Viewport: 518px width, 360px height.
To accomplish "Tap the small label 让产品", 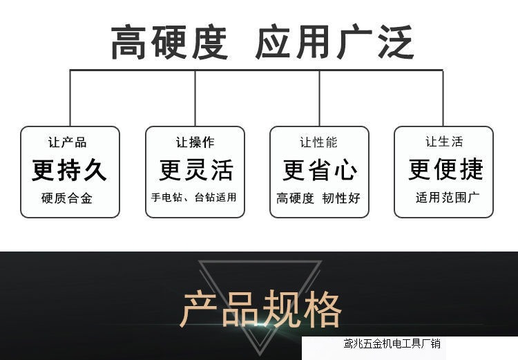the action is [x=68, y=142].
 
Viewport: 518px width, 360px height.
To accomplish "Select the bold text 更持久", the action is [x=69, y=169].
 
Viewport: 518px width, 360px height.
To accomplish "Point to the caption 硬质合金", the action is [x=67, y=198].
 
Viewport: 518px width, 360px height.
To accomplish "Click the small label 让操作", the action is [x=195, y=142].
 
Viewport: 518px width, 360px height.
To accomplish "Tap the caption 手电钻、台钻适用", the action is [x=194, y=197].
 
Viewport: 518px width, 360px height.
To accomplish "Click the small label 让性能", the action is [x=318, y=142].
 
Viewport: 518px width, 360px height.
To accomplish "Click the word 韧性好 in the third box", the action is [x=341, y=198].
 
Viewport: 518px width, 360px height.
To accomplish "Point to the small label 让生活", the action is [x=443, y=142].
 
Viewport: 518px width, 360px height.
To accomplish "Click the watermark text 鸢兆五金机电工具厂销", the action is [x=392, y=343].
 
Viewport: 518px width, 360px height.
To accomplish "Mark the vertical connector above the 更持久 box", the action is [x=70, y=97].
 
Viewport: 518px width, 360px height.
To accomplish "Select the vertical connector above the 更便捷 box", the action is [x=443, y=97].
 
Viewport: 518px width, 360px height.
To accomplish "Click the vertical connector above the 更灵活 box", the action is [x=195, y=97].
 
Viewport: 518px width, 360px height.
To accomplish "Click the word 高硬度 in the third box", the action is [x=296, y=198].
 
